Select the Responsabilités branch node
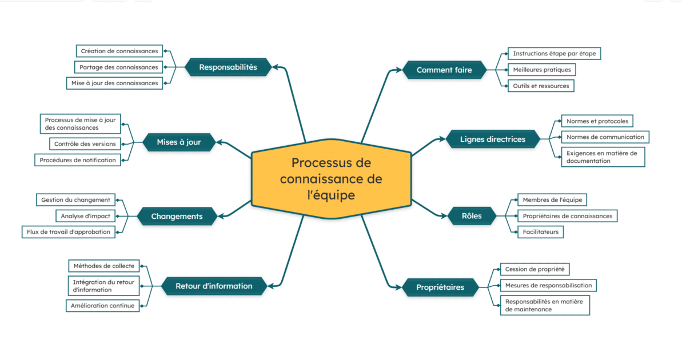coord(228,67)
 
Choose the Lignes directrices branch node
coord(485,139)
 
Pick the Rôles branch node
coord(472,216)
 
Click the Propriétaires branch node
coord(440,287)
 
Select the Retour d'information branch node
coord(214,286)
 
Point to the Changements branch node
coord(177,217)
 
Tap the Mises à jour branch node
coord(179,142)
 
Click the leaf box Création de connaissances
coord(119,51)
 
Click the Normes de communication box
coord(605,137)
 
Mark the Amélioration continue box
coord(103,306)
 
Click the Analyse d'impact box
coord(86,216)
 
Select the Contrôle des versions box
coord(85,144)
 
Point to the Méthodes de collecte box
coord(104,266)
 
